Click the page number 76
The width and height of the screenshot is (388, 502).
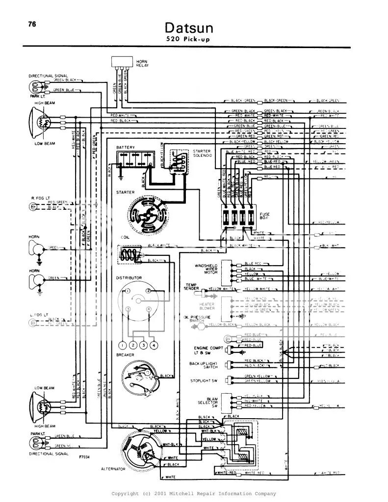(x=32, y=25)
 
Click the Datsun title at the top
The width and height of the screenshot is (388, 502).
(x=189, y=27)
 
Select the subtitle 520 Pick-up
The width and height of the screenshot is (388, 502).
(x=189, y=40)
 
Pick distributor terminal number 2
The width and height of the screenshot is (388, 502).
(x=148, y=291)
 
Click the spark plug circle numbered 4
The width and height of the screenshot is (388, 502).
(x=154, y=345)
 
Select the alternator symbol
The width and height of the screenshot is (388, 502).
(x=141, y=451)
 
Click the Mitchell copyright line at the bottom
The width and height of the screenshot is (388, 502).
(x=194, y=494)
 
